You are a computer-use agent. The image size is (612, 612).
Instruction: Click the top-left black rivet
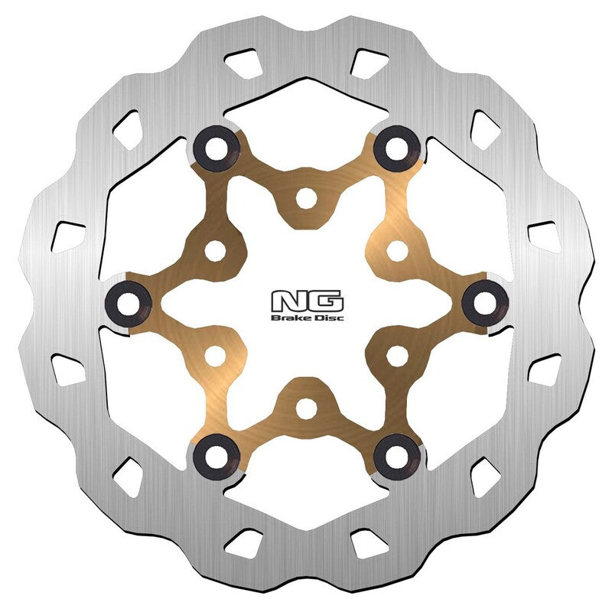click(x=215, y=147)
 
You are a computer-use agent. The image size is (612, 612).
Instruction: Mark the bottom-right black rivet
click(x=397, y=454)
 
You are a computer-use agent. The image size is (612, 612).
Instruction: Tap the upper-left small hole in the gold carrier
click(x=216, y=249)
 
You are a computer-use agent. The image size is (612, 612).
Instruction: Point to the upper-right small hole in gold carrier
click(x=396, y=249)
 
